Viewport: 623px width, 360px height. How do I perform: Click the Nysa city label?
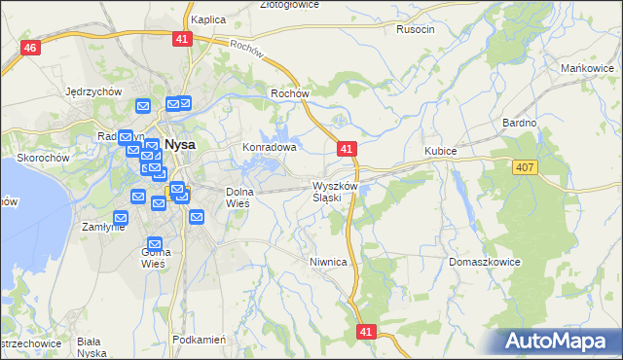click(x=179, y=144)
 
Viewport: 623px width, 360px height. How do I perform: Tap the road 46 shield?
click(x=32, y=49)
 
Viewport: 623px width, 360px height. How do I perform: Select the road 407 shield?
click(x=526, y=167)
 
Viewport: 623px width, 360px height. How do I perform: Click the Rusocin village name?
click(x=416, y=29)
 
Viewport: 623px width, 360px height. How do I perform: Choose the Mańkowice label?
click(x=585, y=68)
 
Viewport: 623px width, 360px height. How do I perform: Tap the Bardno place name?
click(x=519, y=123)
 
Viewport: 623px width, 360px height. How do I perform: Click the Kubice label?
click(x=440, y=151)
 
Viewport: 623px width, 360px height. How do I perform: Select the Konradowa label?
click(x=269, y=147)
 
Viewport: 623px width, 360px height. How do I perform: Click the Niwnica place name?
click(x=328, y=262)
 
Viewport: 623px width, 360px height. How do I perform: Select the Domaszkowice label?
click(x=485, y=263)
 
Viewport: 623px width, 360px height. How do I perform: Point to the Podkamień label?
click(x=198, y=340)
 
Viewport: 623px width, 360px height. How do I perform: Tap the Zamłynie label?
click(x=102, y=226)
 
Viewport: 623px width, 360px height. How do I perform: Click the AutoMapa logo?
click(x=560, y=341)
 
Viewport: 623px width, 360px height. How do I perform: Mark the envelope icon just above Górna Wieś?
click(x=155, y=243)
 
